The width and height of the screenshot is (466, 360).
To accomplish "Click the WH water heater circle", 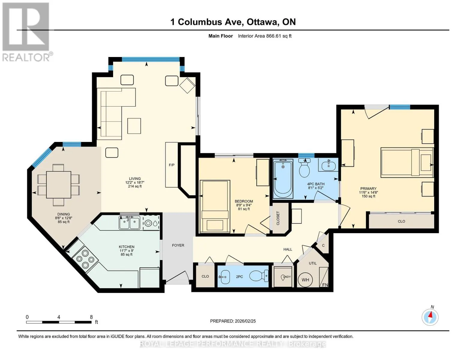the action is (x=305, y=280).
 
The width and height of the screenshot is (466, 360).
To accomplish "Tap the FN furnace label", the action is (x=325, y=285).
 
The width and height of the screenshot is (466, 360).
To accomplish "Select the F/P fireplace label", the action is (x=172, y=165).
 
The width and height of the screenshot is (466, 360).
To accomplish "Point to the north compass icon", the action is (x=430, y=317).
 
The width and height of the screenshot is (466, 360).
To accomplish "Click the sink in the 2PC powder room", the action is (x=224, y=277).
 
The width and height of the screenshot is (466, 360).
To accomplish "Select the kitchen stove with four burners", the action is (x=85, y=259).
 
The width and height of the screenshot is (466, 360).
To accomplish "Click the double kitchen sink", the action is (x=129, y=222).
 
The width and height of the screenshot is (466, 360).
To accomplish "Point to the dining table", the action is (x=59, y=184).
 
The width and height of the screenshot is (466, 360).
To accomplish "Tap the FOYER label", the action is (x=178, y=245).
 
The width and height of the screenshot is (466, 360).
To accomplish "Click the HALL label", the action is (x=287, y=249).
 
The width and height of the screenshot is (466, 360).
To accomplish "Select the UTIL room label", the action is (x=313, y=263).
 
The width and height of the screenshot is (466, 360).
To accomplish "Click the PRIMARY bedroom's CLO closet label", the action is (x=401, y=221).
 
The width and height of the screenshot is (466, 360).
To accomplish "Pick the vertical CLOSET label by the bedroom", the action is (x=278, y=218).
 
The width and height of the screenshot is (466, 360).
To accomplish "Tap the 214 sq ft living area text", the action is (x=135, y=186).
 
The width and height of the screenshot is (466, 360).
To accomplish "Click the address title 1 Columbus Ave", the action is (x=207, y=22).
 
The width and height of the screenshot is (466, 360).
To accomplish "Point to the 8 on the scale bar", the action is (x=91, y=317).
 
